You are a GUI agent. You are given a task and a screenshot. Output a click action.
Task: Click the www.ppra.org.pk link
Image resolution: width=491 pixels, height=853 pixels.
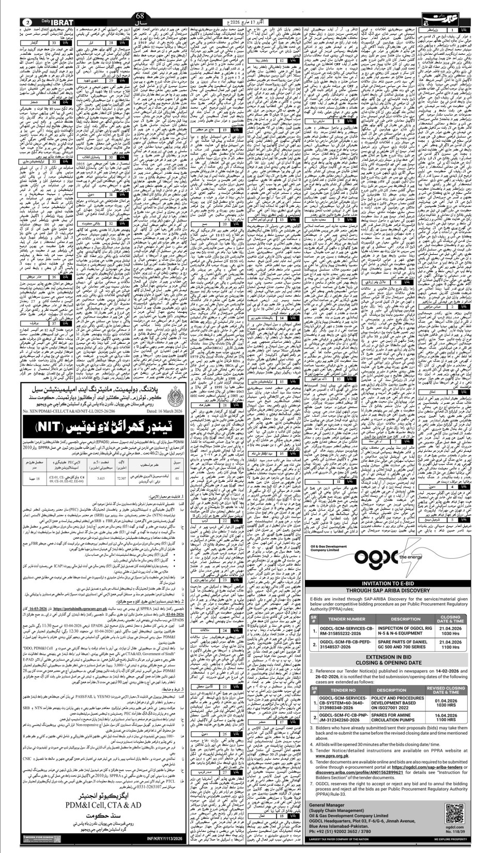tap(333, 755)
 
